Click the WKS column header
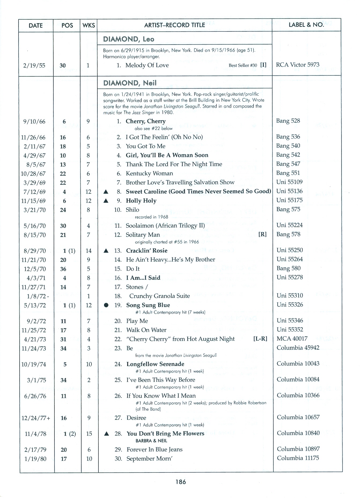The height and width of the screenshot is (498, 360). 89,26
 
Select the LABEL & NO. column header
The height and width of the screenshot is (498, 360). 306,25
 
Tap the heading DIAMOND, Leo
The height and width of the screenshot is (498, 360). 129,39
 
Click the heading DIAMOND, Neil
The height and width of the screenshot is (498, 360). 130,83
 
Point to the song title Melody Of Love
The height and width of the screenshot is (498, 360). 147,65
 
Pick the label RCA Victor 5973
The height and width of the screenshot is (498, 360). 298,65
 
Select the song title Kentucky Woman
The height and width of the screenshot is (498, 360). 149,173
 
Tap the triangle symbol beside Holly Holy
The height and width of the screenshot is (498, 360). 106,201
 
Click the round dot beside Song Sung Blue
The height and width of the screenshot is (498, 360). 106,305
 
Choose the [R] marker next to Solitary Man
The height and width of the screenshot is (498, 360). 262,234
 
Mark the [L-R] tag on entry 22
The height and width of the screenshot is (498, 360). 260,339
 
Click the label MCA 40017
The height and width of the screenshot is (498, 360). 292,339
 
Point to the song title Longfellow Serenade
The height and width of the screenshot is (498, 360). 155,364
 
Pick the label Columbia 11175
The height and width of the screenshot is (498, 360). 298,458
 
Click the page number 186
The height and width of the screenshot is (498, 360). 181,482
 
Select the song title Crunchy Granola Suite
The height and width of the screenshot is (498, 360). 159,296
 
